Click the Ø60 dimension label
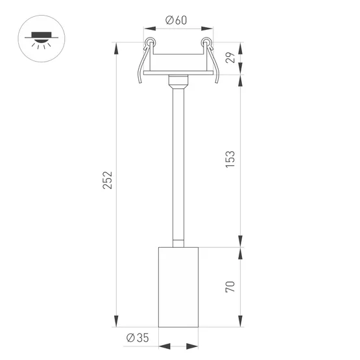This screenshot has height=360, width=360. pos(176,20)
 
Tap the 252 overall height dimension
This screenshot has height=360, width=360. pos(108,180)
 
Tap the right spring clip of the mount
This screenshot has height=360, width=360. pos(211,65)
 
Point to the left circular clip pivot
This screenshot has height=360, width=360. pos(150,43)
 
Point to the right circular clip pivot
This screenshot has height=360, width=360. pos(207,43)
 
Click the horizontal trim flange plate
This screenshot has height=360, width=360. pos(178,74)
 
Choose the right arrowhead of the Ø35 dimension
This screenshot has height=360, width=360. pos(194,347)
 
